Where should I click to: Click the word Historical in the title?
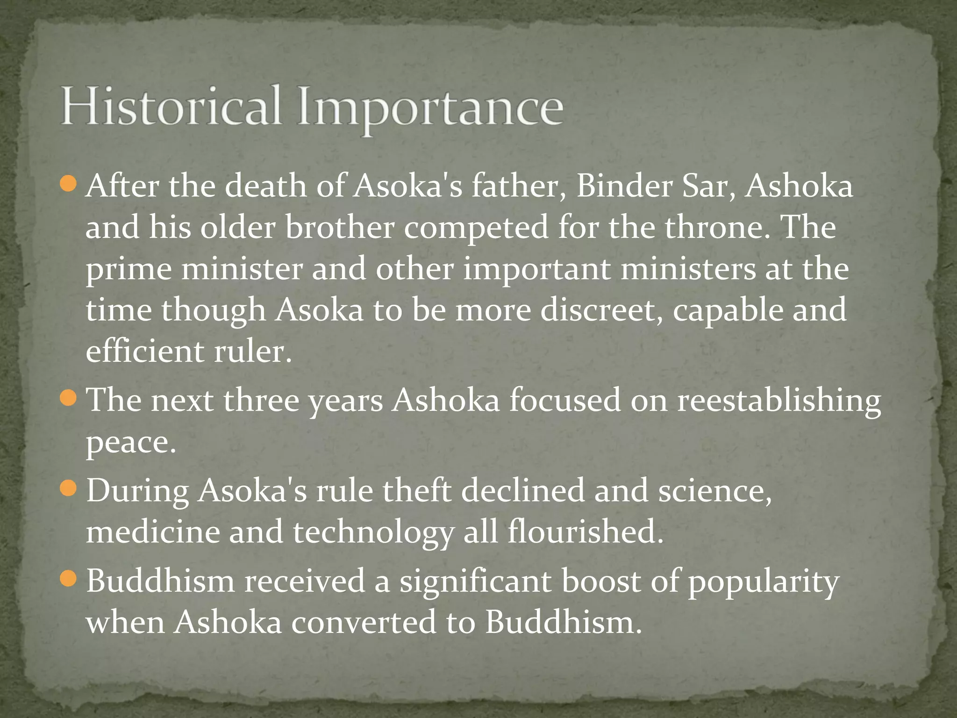171,107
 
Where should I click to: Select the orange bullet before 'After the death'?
68,184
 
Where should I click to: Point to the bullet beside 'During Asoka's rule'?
68,488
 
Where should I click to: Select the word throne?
716,227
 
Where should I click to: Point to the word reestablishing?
779,401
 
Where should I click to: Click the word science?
714,490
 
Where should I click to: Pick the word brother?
340,227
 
